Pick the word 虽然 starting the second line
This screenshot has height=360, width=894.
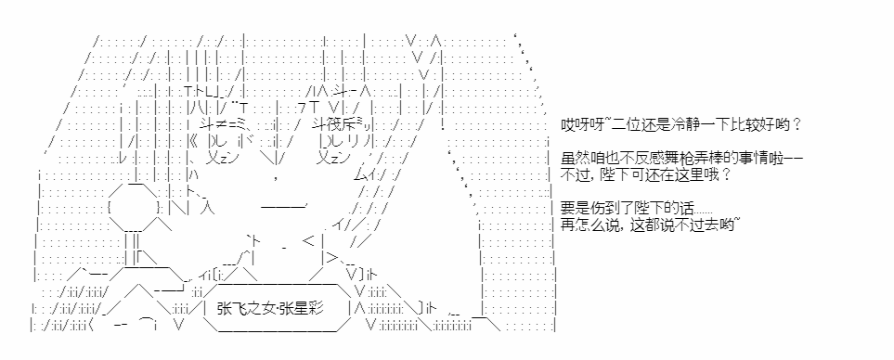(573, 158)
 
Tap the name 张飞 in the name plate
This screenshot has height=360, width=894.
(229, 309)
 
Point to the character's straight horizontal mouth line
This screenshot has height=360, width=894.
(284, 206)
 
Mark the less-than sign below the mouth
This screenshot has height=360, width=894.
(308, 241)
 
